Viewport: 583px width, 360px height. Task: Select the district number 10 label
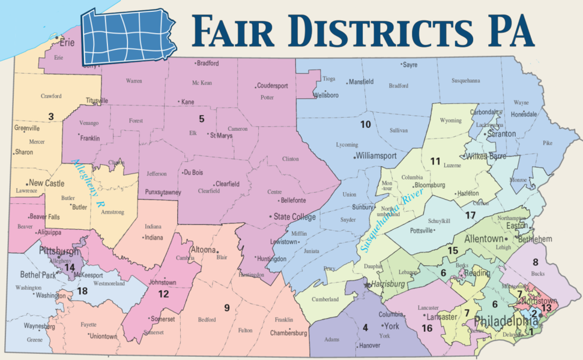tap(365, 125)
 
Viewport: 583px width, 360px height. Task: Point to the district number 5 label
tap(202, 118)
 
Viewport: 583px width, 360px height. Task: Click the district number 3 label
tap(51, 116)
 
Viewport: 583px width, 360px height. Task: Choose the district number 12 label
tap(163, 294)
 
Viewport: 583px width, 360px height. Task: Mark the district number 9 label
tap(227, 308)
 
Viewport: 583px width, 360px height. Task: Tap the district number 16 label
tap(427, 328)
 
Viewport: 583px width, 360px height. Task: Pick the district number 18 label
tap(82, 291)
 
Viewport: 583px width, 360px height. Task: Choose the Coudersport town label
tap(277, 85)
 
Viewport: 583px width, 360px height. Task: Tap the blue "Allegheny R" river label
tap(84, 184)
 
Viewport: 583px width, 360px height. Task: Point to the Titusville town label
tap(97, 100)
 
